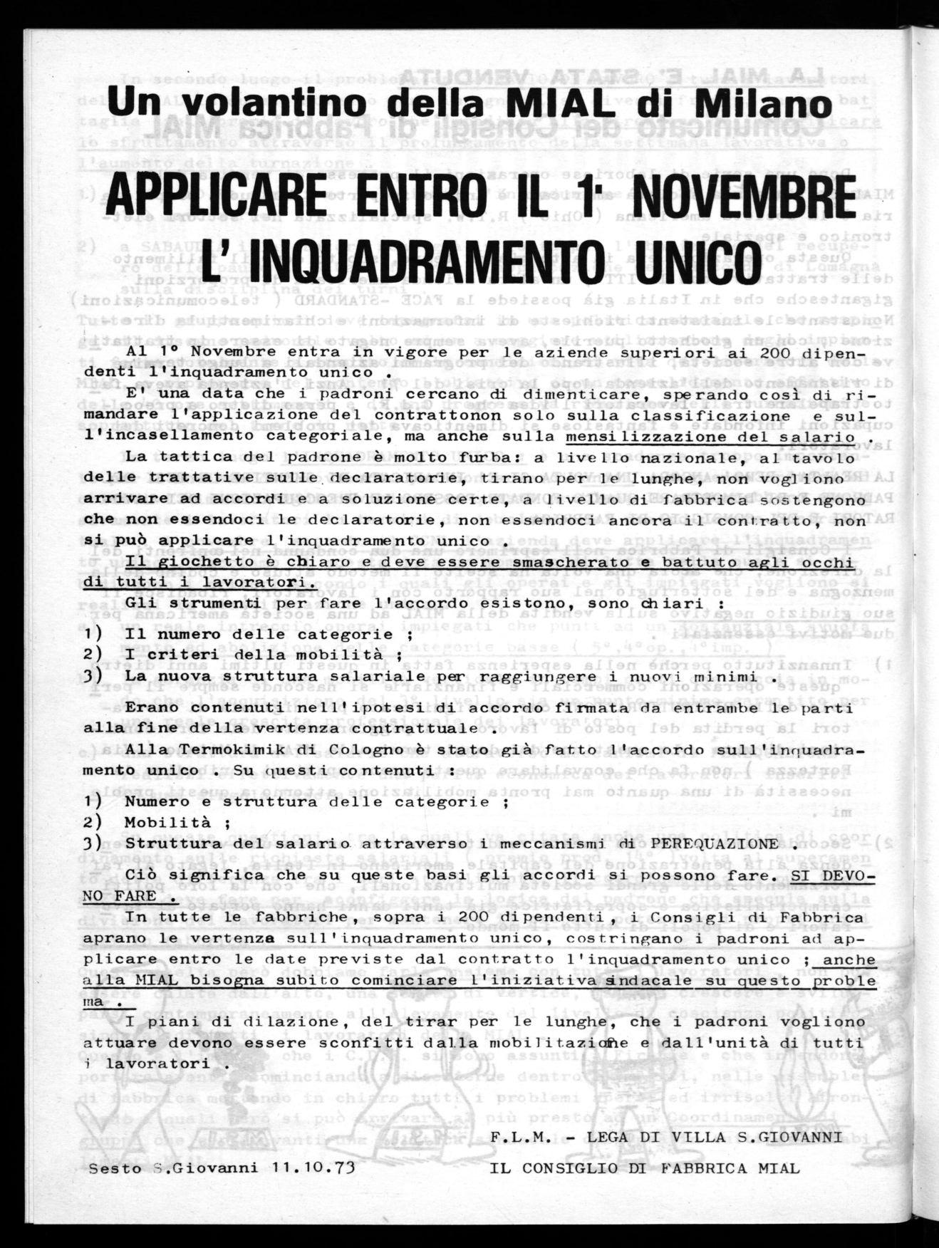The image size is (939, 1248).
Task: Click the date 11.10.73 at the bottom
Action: pos(314,1168)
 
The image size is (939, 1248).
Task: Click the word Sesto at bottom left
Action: pos(114,1168)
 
